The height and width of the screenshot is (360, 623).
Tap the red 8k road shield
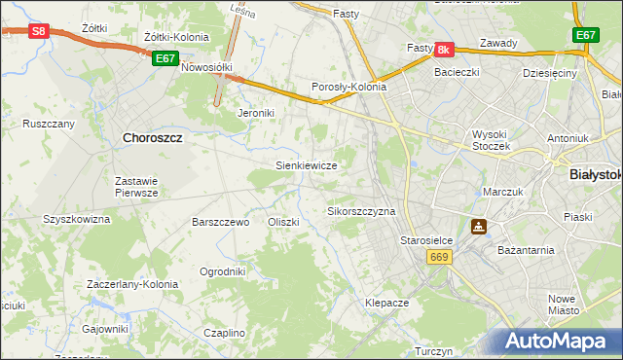(x=444, y=49)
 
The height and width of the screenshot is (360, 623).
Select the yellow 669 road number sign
(x=438, y=256)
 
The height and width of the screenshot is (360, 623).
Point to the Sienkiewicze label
(x=307, y=165)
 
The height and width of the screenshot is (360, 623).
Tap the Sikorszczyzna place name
(x=361, y=211)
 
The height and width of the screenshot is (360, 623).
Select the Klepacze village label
(x=386, y=303)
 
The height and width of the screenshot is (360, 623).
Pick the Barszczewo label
(x=221, y=222)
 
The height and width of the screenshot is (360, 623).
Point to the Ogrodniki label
(x=222, y=271)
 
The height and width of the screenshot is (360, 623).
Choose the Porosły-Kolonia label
(x=348, y=87)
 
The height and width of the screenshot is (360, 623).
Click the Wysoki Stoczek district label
(x=498, y=140)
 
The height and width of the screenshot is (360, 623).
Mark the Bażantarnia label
(x=526, y=250)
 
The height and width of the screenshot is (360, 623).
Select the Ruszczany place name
(x=49, y=125)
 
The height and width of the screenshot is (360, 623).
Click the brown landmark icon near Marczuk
(x=479, y=228)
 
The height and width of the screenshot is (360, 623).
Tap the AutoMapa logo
(x=559, y=341)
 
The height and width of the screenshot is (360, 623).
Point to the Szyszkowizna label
(x=76, y=220)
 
